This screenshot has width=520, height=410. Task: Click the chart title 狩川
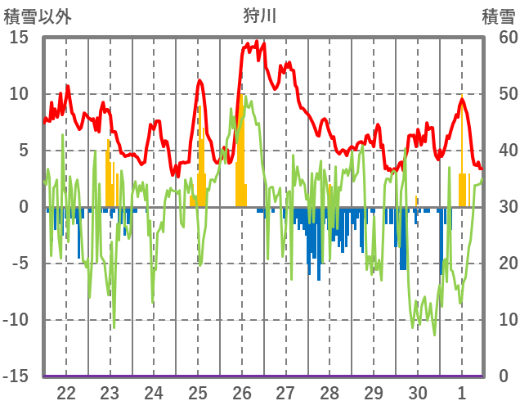pyautogui.click(x=260, y=16)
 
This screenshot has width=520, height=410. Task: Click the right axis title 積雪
pyautogui.click(x=498, y=16)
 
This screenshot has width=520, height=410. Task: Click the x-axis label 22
pyautogui.click(x=66, y=392)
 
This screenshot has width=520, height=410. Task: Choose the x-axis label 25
pyautogui.click(x=198, y=392)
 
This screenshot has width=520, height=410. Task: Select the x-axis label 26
pyautogui.click(x=242, y=392)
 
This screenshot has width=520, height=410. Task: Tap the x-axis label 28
pyautogui.click(x=329, y=392)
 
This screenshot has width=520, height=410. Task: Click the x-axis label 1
pyautogui.click(x=462, y=392)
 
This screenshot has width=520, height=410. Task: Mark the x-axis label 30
pyautogui.click(x=418, y=392)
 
